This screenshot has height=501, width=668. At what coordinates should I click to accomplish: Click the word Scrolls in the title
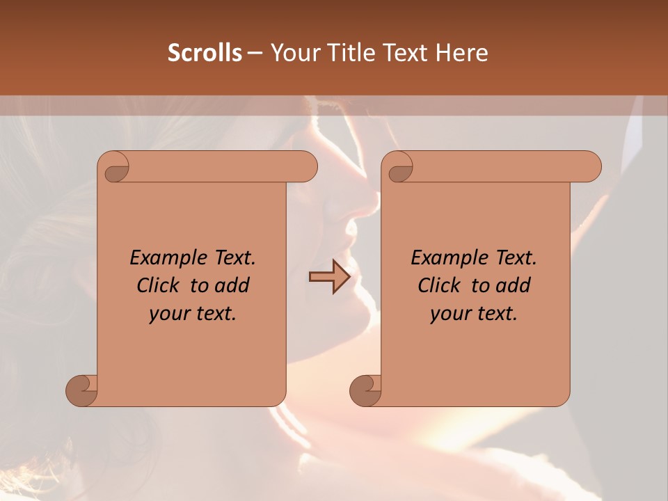click(x=205, y=53)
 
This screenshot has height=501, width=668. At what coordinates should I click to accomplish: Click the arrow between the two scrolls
click(x=329, y=278)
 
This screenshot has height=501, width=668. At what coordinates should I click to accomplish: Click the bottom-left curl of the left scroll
click(x=81, y=390)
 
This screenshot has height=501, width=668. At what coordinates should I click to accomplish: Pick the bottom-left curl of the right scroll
click(x=365, y=390)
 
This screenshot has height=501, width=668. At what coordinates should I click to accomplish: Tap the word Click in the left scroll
click(x=152, y=285)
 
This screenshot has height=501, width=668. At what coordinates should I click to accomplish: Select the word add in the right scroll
click(x=513, y=285)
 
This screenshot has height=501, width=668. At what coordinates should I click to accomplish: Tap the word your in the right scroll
click(x=448, y=313)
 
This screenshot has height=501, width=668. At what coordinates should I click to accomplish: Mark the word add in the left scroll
click(x=232, y=285)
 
